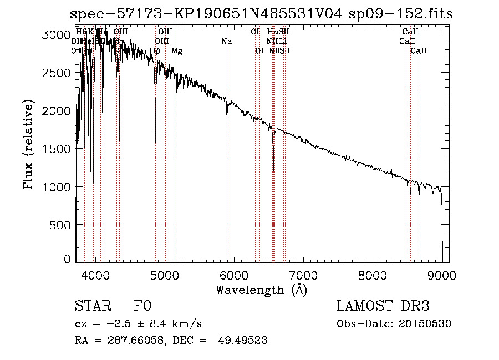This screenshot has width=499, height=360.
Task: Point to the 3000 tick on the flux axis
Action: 56,35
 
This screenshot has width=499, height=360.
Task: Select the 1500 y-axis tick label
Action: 56,149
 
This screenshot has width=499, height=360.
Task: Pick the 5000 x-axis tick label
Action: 165,274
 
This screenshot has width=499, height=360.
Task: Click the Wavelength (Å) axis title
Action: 261,290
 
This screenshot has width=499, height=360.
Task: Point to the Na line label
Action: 226,41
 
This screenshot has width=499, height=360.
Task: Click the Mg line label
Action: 176,51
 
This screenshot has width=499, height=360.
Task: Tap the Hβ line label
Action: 155,51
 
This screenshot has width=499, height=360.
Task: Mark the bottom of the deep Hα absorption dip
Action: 273,169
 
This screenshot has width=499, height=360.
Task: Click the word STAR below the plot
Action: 92,306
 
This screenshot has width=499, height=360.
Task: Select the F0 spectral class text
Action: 142,306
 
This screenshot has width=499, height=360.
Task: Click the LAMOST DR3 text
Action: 383,306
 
